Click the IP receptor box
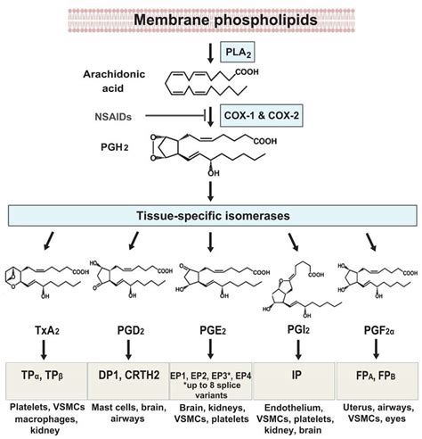pyautogui.click(x=295, y=377)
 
